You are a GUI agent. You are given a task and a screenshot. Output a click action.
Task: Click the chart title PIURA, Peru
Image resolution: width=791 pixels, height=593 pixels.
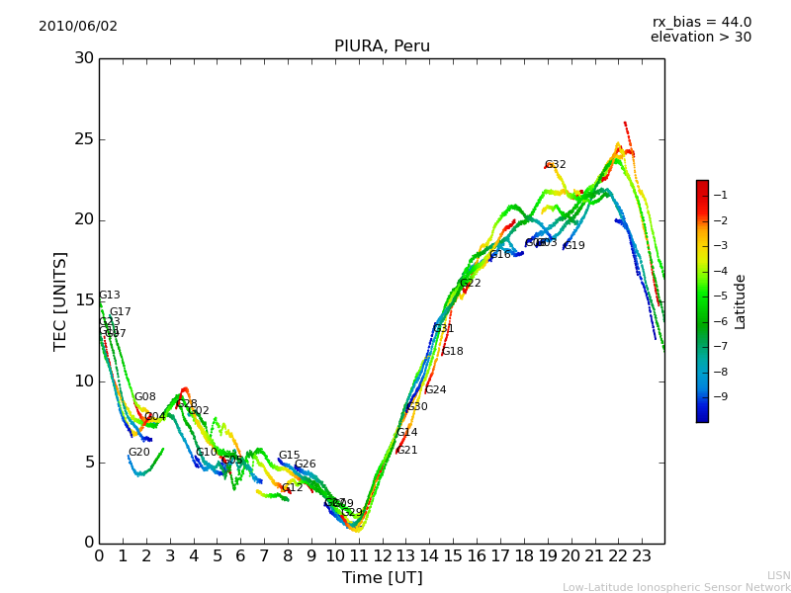point(382,46)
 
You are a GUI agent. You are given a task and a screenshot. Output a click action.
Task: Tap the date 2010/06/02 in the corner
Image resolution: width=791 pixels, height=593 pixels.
point(78,27)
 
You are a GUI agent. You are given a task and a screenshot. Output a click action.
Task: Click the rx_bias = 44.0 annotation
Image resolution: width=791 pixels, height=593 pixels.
point(701,23)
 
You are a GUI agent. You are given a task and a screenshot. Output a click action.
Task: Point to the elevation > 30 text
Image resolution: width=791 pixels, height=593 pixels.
point(700,38)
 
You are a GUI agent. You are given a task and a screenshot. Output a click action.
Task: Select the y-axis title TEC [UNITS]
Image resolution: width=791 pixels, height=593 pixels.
point(60,300)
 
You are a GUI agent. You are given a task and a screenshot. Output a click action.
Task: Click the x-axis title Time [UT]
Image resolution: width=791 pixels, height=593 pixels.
point(382,578)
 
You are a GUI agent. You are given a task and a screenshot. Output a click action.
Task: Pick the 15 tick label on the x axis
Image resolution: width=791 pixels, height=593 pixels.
point(453,556)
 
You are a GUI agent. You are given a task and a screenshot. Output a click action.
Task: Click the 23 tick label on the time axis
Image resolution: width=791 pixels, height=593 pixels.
point(642,556)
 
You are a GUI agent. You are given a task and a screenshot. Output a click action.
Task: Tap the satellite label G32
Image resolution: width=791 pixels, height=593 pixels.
point(556,165)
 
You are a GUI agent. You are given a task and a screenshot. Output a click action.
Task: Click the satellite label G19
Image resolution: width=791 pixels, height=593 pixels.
point(574,246)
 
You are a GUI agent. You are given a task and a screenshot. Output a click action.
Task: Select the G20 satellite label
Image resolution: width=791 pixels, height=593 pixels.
point(139,453)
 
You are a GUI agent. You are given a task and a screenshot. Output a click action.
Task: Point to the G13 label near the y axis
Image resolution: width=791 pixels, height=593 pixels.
point(110,296)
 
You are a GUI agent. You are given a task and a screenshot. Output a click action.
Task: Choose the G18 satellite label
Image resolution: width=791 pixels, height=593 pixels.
point(453,352)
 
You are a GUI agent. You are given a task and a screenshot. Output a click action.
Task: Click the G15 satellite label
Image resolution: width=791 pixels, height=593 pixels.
point(289,456)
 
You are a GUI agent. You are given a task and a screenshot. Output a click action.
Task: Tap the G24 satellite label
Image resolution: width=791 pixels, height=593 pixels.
point(436,390)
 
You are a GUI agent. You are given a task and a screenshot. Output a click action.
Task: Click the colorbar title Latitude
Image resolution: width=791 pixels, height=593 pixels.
point(741,301)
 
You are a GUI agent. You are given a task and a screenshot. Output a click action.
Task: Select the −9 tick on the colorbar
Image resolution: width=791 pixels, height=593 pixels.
point(720,397)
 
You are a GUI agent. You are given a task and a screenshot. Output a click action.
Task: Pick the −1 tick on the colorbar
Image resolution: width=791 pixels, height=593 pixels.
point(720,196)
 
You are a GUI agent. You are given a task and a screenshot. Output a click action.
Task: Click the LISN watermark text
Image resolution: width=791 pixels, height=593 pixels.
point(779,575)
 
